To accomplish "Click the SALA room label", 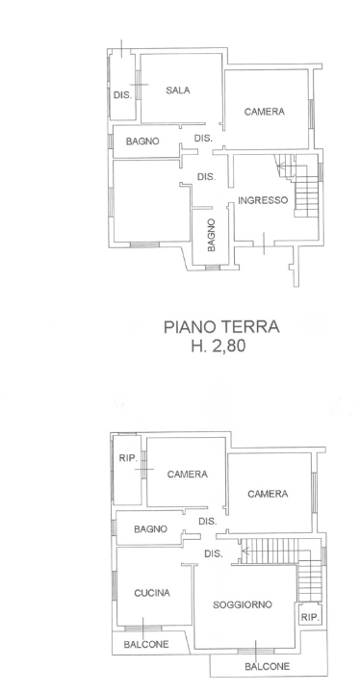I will [x=177, y=90].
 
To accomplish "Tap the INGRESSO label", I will [x=263, y=200].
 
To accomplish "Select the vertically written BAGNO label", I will [x=211, y=234].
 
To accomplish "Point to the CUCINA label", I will [x=152, y=593].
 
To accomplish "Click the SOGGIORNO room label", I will [x=242, y=604].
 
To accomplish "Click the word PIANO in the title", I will [x=193, y=327].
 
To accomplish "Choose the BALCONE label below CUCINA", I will [x=145, y=644].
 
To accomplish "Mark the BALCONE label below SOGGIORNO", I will [x=264, y=666].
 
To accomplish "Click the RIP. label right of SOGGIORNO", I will [x=310, y=617].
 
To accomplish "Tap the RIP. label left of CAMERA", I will [x=125, y=458].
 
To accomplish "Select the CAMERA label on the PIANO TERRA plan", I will [x=264, y=112].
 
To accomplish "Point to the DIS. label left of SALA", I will [x=122, y=94].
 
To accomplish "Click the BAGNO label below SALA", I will [x=142, y=141].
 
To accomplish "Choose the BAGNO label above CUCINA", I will [x=151, y=528].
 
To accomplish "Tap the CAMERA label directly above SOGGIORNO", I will [x=267, y=494].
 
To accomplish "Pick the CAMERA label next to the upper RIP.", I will [x=187, y=475].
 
